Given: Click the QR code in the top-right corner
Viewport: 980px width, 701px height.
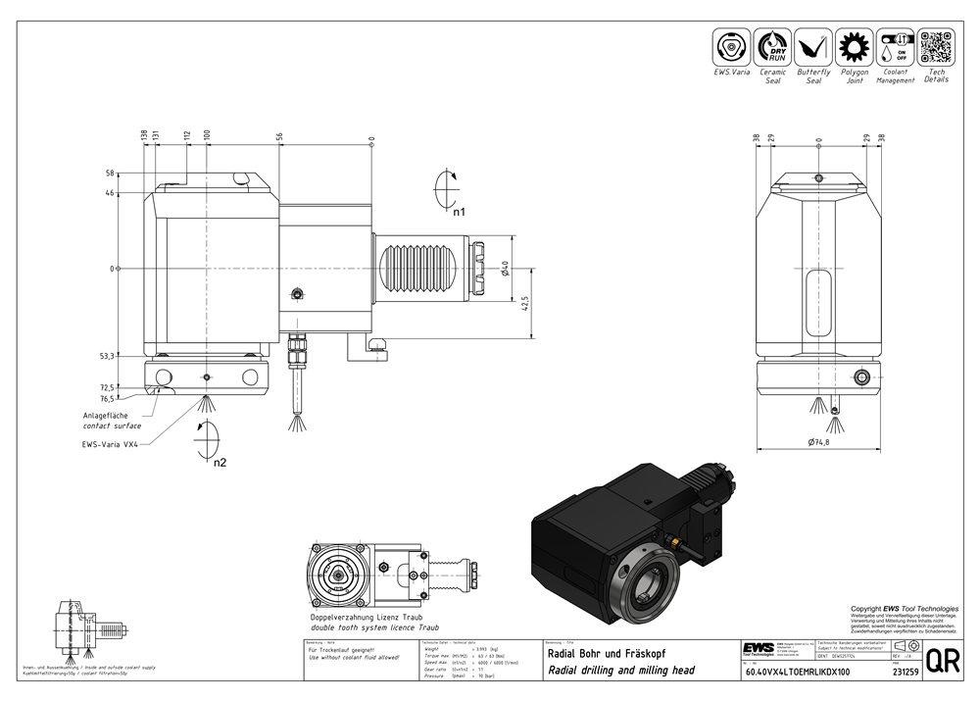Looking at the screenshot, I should pos(935,46).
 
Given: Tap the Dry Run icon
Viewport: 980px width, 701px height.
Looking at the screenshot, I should pos(773,46).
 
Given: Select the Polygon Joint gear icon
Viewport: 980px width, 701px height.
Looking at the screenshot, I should pos(854,46).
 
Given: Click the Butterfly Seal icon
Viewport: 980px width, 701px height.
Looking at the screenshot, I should pos(813,46).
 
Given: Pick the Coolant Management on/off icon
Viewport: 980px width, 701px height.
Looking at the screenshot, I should pos(895,46).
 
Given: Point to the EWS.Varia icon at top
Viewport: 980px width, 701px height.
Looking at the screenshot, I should pos(732,46).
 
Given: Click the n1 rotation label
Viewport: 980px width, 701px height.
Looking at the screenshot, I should pos(458,211).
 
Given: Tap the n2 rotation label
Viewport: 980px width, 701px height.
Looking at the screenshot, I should pos(220,461).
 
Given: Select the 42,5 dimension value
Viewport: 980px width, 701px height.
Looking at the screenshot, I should pos(525,304).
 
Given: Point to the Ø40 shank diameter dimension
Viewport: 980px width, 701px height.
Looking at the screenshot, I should pos(506,267).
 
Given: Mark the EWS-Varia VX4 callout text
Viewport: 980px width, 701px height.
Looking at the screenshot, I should pos(111,443).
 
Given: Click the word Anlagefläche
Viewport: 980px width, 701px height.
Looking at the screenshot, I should pos(111,416).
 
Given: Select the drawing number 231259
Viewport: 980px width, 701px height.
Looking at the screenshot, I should pos(906,673).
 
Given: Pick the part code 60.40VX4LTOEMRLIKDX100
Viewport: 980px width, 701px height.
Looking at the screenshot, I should pos(797,673).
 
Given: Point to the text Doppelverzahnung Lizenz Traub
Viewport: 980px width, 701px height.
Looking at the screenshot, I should pos(366,618).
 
